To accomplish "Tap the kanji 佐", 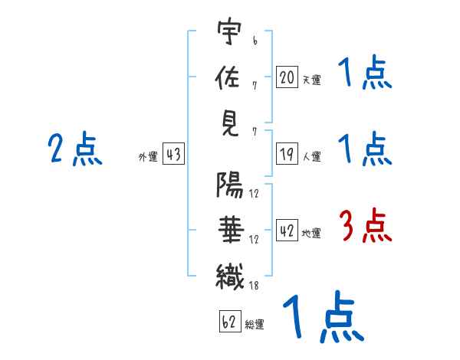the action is (228, 77).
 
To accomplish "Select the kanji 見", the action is (230, 124).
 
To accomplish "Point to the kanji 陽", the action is (230, 185).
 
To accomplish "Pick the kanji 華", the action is (232, 230).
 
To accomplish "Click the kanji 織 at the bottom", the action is (230, 277).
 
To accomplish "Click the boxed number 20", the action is (287, 77).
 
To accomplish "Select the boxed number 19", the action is (287, 154).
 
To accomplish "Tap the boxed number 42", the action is (287, 231).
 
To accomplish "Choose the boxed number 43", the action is (173, 153).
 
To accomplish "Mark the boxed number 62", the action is (230, 321).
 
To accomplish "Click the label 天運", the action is (312, 80).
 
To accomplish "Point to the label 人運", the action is (312, 156).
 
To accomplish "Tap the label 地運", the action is (311, 234).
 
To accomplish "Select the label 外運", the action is (148, 157).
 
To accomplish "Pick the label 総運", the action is (255, 325).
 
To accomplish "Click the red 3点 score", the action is (366, 225).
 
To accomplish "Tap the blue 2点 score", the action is (75, 149).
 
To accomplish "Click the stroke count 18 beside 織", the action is (254, 286).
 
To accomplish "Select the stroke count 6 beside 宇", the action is (255, 41).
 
